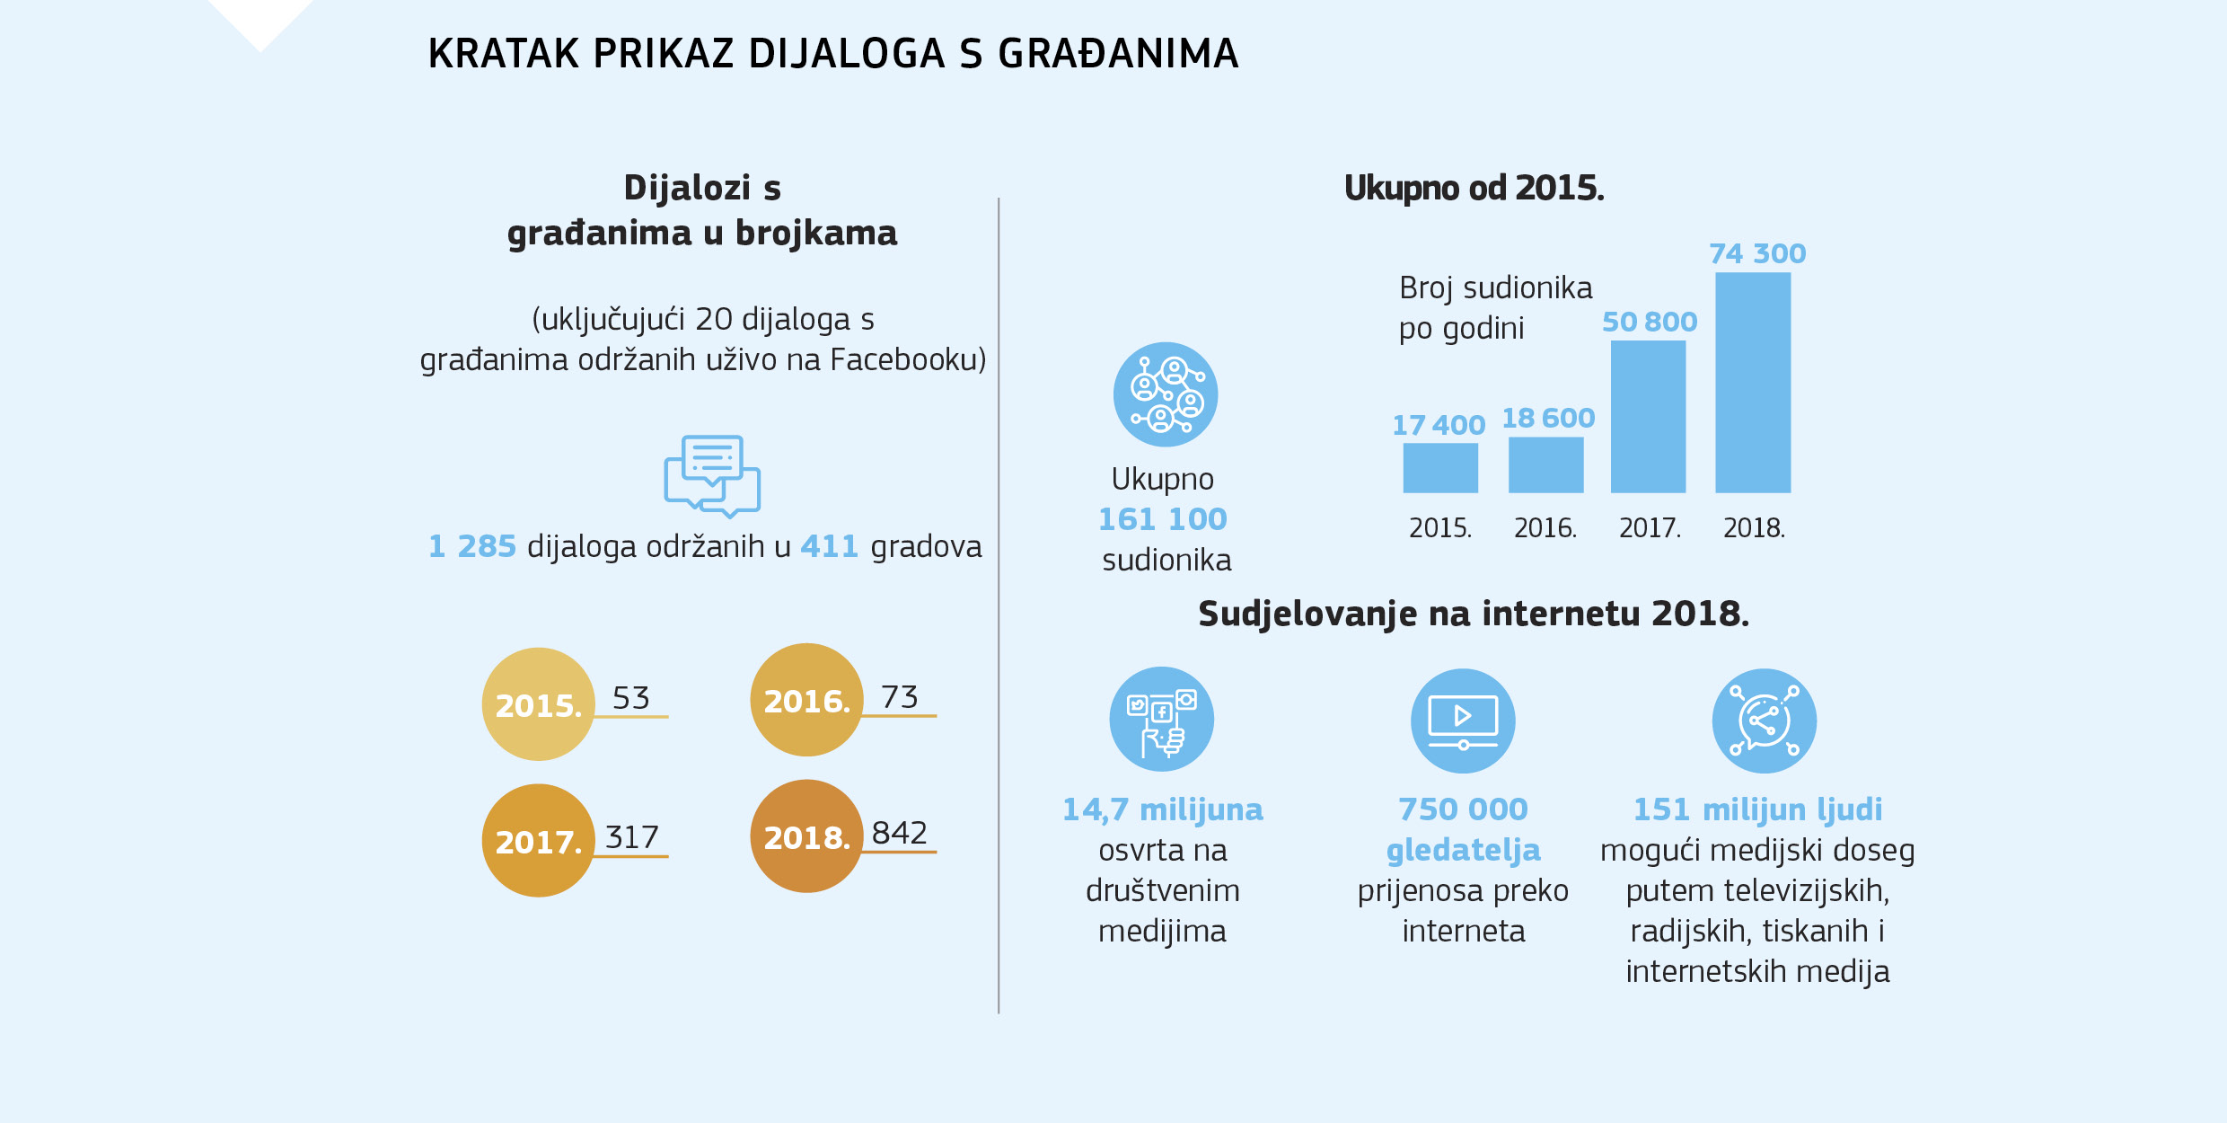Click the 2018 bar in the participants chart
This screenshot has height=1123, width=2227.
(1753, 383)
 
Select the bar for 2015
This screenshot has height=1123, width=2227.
(1440, 468)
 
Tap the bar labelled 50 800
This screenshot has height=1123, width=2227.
(1648, 417)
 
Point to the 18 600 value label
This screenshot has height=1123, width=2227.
(1548, 419)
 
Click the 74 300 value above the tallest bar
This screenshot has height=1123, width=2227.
(1757, 254)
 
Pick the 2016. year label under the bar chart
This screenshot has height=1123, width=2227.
(1545, 528)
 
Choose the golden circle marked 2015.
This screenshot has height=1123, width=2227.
(539, 704)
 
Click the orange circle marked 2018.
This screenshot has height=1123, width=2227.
(806, 836)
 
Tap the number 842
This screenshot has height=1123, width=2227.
(899, 833)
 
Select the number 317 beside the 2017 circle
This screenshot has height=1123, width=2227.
(632, 837)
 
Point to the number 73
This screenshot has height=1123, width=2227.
(899, 697)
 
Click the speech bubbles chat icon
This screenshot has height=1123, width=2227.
(712, 476)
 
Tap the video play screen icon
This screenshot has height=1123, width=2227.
(1463, 721)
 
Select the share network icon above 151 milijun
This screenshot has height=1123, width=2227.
(1764, 721)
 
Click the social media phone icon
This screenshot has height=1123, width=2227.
(1162, 720)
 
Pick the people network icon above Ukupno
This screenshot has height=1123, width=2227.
(1166, 394)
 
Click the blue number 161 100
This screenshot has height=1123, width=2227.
(1163, 519)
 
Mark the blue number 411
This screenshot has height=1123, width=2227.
(829, 547)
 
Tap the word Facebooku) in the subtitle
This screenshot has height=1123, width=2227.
(908, 360)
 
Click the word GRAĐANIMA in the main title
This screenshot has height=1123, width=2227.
(1118, 54)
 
